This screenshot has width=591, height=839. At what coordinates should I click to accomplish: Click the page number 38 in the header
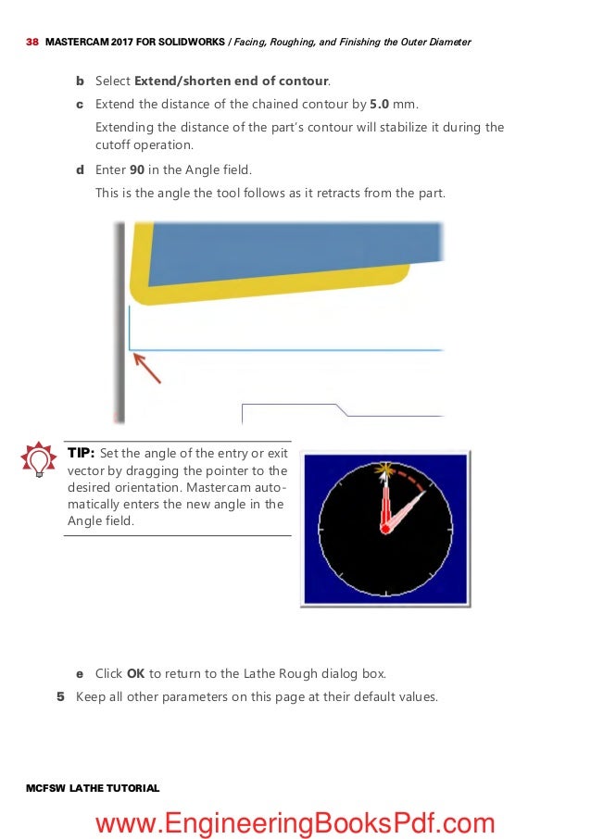pos(31,43)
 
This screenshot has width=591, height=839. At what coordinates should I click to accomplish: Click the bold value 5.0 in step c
pos(380,105)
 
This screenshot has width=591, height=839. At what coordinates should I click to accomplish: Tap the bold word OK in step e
pos(135,673)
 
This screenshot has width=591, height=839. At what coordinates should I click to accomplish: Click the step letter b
pos(79,81)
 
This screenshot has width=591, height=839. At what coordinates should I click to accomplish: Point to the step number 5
pos(60,696)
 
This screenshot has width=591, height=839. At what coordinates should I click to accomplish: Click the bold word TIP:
pos(81,453)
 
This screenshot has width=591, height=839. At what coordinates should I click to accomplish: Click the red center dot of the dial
pos(385,528)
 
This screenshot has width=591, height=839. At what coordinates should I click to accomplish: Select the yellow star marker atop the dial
pos(381,470)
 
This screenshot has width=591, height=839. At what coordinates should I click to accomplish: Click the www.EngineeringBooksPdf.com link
pos(295,821)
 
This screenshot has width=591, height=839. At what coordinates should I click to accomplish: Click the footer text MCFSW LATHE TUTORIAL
pos(94,788)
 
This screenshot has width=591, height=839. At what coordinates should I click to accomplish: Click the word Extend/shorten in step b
pos(179,81)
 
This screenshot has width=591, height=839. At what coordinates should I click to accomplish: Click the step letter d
pos(79,170)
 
